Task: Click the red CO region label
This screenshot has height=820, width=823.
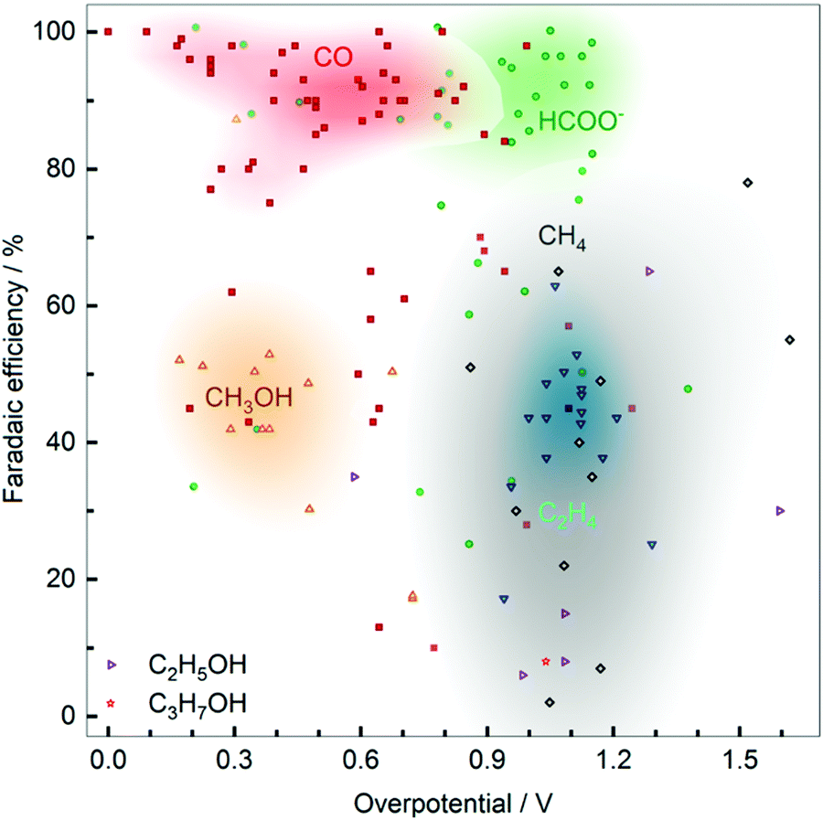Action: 334,57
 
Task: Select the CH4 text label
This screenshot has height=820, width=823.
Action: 561,240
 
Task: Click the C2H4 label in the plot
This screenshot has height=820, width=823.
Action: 567,516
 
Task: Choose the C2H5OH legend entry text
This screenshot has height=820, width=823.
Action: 198,665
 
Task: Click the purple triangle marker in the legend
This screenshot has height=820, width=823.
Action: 112,665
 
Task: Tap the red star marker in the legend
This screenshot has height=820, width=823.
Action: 112,703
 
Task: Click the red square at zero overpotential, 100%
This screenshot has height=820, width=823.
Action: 108,32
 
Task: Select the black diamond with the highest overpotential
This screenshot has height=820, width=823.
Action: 790,340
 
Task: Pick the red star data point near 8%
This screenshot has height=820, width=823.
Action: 546,661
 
